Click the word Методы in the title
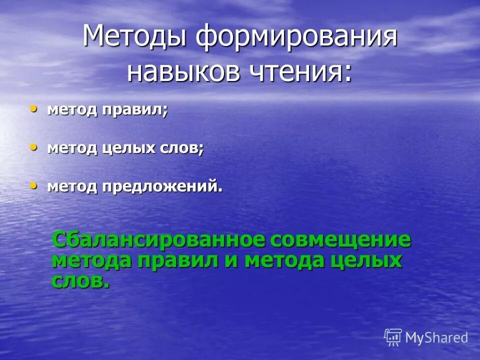(134, 37)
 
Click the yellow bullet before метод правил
(33, 108)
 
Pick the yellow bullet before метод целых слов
(33, 147)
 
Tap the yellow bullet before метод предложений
(33, 185)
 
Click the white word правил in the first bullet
(135, 109)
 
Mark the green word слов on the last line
(80, 280)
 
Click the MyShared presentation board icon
(393, 337)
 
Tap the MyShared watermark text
(436, 337)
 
